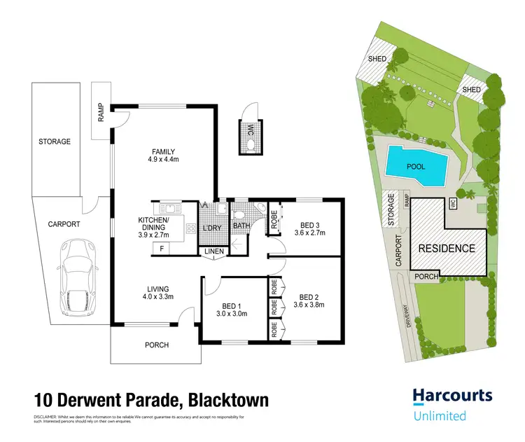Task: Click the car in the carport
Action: pos(78,277)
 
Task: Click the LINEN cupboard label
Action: pos(214,252)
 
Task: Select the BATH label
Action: pos(241,226)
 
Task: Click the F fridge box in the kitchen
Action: pos(162,248)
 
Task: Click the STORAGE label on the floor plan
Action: pos(55,141)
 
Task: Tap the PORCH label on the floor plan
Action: pos(157,345)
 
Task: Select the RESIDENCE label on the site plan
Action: pos(447,248)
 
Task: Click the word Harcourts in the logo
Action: pos(452,396)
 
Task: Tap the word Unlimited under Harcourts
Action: pos(439,416)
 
